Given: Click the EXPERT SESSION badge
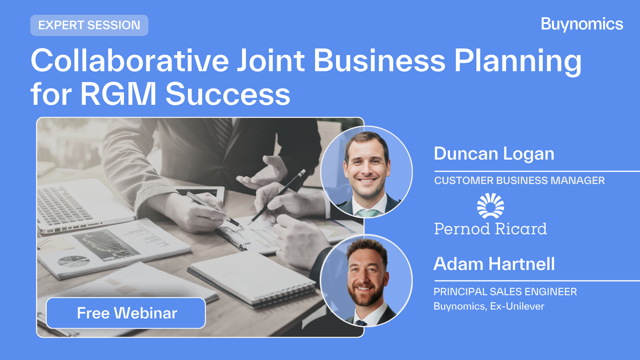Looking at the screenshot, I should coord(89,25).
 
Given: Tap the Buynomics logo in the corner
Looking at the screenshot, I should coord(582,24).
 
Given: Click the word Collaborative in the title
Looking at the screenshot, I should coord(130,61).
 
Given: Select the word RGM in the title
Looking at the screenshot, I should coord(118,94).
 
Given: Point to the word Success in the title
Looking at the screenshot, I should coord(228,94).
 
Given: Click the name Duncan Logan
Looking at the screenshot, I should coord(494,154).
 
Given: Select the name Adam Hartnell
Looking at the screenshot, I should coord(494,264).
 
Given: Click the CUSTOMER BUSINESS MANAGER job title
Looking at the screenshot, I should coord(519,181).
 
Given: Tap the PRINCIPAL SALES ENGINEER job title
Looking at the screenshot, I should coord(505,292).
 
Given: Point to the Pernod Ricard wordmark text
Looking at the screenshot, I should coord(490,229).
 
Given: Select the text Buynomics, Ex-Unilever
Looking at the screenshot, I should coord(489,306).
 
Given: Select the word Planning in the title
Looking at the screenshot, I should coord(518,61).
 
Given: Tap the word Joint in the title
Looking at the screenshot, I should coord(271,61).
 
